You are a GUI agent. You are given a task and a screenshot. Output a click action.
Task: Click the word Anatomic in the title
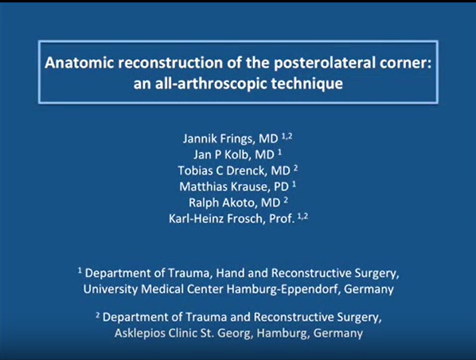[80, 63]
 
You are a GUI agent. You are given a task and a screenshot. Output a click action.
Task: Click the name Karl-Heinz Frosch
[217, 219]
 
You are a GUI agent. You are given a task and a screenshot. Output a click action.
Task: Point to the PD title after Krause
[281, 187]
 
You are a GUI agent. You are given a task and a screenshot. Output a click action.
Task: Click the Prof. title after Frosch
[282, 219]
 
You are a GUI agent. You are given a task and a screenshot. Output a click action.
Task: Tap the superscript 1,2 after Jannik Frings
[287, 136]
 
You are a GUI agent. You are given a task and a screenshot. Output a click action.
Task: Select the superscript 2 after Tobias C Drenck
[295, 168]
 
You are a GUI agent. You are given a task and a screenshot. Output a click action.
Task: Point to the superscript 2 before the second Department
[98, 315]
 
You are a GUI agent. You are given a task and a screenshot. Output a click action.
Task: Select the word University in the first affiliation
[111, 289]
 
